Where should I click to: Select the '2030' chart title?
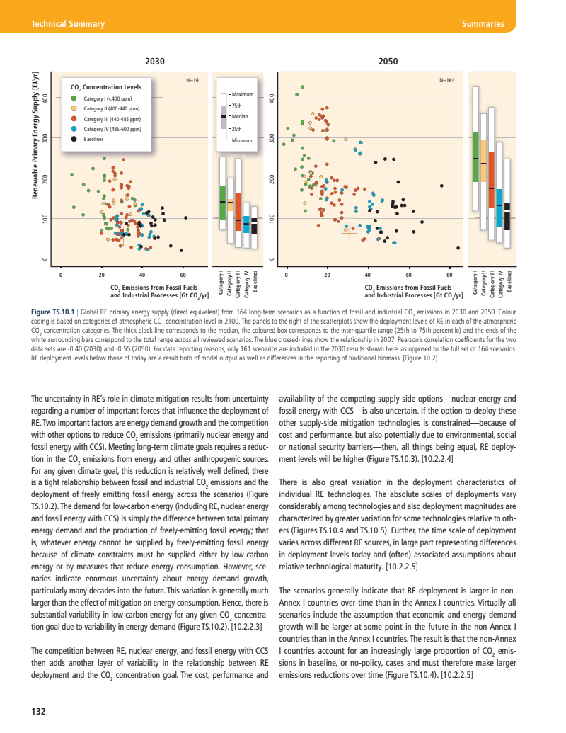pos(155,62)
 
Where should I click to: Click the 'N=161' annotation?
pos(193,81)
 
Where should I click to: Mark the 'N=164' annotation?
pos(447,81)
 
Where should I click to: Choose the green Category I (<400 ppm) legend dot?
pos(74,98)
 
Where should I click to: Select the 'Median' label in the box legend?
pos(240,116)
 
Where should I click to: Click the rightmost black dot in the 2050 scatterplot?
pos(458,248)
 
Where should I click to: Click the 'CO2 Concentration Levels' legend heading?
pos(107,87)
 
